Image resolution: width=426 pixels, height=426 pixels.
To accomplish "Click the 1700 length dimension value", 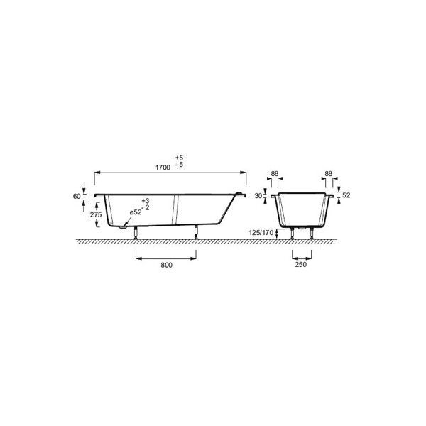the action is pos(163,168).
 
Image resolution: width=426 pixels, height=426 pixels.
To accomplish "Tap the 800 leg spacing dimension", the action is pos(166,265).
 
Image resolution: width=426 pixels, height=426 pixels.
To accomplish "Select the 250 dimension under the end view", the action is pos(301,264).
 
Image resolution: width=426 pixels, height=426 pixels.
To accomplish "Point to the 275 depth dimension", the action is pos(96,214).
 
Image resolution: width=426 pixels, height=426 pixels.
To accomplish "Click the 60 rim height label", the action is pos(77,196).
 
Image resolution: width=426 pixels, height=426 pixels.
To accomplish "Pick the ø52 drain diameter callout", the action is pos(136,212).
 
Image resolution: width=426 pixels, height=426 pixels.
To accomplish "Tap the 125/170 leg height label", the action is pos(261,233).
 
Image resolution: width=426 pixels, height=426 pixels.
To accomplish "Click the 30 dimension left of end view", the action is pos(258,195).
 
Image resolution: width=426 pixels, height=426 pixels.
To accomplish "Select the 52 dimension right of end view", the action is pos(346,195).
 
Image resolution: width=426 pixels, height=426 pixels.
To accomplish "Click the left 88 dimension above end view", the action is pos(275,173).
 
